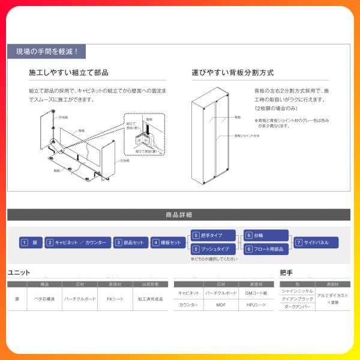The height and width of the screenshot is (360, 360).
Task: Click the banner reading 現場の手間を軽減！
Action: (47, 52)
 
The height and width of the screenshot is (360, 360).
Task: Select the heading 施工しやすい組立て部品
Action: (68, 73)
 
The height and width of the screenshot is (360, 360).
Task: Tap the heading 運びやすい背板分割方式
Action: (233, 73)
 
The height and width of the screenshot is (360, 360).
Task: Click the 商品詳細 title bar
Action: (179, 214)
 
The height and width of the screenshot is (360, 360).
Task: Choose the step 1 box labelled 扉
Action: (31, 242)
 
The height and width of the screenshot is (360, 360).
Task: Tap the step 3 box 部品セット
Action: (130, 242)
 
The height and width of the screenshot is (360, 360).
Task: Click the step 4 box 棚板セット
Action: (167, 242)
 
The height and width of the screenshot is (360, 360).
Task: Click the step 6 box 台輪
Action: (265, 236)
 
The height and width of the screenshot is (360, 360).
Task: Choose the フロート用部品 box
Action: (265, 249)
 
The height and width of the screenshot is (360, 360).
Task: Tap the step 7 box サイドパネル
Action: (316, 242)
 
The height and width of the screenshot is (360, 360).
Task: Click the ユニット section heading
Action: (19, 272)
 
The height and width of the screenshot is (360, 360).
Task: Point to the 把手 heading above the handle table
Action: (286, 272)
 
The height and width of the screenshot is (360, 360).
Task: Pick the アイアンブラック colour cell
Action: (297, 298)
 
